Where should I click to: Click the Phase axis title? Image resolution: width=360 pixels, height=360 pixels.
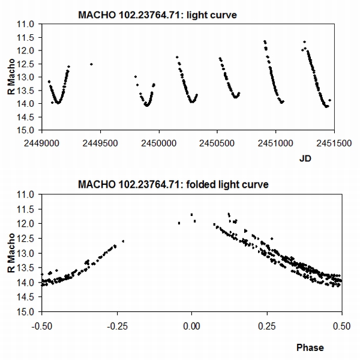pos(310,347)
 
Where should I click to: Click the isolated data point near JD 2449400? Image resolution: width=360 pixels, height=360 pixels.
pos(91,64)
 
